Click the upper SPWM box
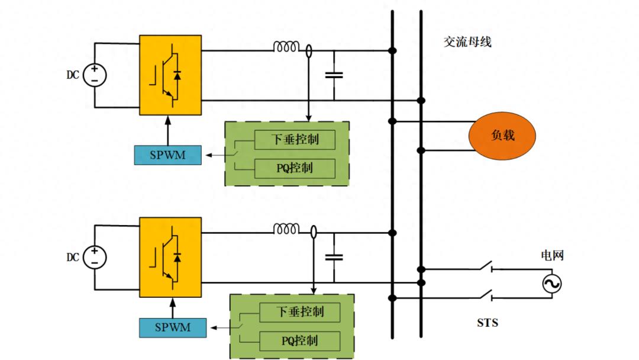167,155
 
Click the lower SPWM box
173,327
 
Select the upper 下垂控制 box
295,140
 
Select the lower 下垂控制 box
300,311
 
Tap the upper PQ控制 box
295,168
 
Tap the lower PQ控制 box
300,340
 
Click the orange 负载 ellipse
502,136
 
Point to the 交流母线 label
467,43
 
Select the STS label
488,323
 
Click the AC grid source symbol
551,285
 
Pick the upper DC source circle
95,75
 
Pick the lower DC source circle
95,257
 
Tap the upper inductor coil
286,47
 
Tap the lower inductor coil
286,229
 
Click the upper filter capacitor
334,75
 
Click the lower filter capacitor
334,257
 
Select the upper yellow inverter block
170,75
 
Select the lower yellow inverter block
170,257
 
